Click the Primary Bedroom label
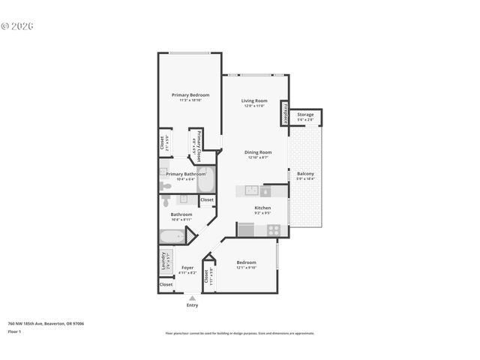[190, 95]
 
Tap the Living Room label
[254, 101]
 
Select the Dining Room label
[257, 152]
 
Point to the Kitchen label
[262, 208]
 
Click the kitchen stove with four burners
[274, 229]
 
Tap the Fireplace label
[286, 112]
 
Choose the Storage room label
[305, 115]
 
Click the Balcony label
[305, 173]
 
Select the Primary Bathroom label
[181, 174]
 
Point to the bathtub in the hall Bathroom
[172, 237]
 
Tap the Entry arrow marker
[193, 298]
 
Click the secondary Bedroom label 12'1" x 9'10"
[247, 262]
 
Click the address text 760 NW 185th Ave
[46, 323]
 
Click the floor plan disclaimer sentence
[239, 333]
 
